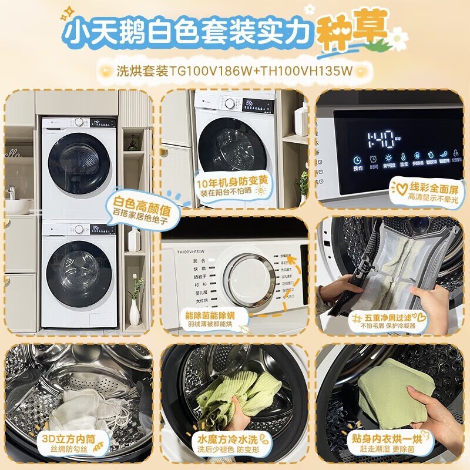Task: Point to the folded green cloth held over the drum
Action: point(395,387)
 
